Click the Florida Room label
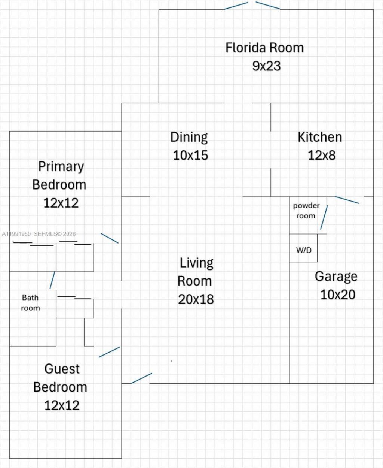point(264,48)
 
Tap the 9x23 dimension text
point(266,66)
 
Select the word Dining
point(189,137)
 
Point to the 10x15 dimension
point(190,155)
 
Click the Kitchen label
point(320,137)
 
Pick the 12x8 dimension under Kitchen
point(322,155)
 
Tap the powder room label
point(306,211)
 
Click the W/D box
point(304,250)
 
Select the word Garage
point(336,277)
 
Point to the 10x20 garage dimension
point(338,295)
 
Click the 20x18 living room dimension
point(196,299)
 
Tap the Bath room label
point(30,303)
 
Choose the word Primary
point(61,166)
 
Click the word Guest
point(62,369)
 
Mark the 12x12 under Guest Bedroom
point(62,405)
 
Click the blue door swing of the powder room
point(324,217)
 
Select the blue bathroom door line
point(52,280)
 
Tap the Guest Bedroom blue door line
point(109,352)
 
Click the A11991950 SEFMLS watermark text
point(39,234)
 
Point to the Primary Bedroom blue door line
point(110,238)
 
